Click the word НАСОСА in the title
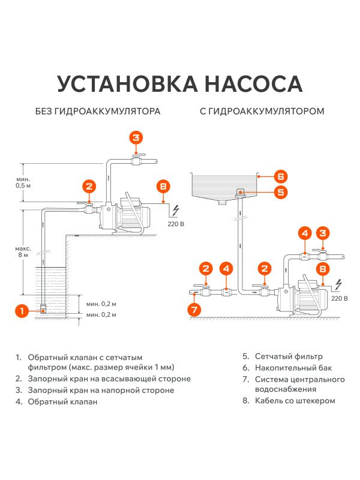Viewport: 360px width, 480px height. pyautogui.click(x=251, y=83)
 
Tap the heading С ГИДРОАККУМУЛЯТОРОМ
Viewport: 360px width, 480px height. pyautogui.click(x=262, y=112)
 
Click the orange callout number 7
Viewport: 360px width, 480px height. pyautogui.click(x=194, y=310)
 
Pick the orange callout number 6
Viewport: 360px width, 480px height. pyautogui.click(x=281, y=176)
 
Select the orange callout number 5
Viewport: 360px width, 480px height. pyautogui.click(x=281, y=192)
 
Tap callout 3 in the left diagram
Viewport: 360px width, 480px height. pyautogui.click(x=136, y=137)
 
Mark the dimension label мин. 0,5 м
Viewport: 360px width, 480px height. pyautogui.click(x=23, y=182)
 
